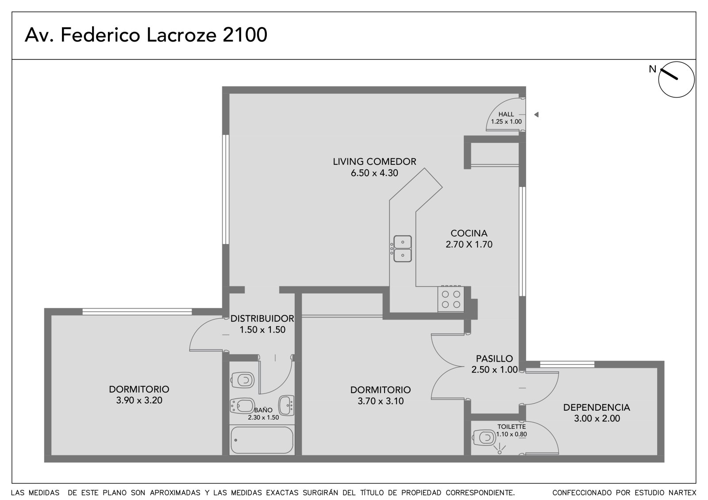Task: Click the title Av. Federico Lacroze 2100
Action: pyautogui.click(x=146, y=35)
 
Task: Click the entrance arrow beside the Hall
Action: pyautogui.click(x=536, y=115)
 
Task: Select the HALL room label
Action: pyautogui.click(x=506, y=114)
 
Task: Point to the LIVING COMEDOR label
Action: pyautogui.click(x=374, y=162)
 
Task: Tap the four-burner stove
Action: pyautogui.click(x=451, y=299)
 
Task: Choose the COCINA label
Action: pyautogui.click(x=469, y=233)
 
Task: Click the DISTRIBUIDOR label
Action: pyautogui.click(x=262, y=318)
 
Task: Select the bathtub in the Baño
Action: pyautogui.click(x=262, y=440)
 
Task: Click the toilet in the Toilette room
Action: pyautogui.click(x=484, y=438)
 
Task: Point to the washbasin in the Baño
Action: pyautogui.click(x=286, y=405)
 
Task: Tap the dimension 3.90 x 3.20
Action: pyautogui.click(x=139, y=400)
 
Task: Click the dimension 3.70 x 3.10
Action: pyautogui.click(x=381, y=401)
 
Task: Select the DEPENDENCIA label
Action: pyautogui.click(x=597, y=408)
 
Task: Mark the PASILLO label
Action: pyautogui.click(x=494, y=359)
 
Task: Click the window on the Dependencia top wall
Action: pyautogui.click(x=567, y=364)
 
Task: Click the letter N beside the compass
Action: pyautogui.click(x=652, y=69)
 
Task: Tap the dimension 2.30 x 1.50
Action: pyautogui.click(x=263, y=417)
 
